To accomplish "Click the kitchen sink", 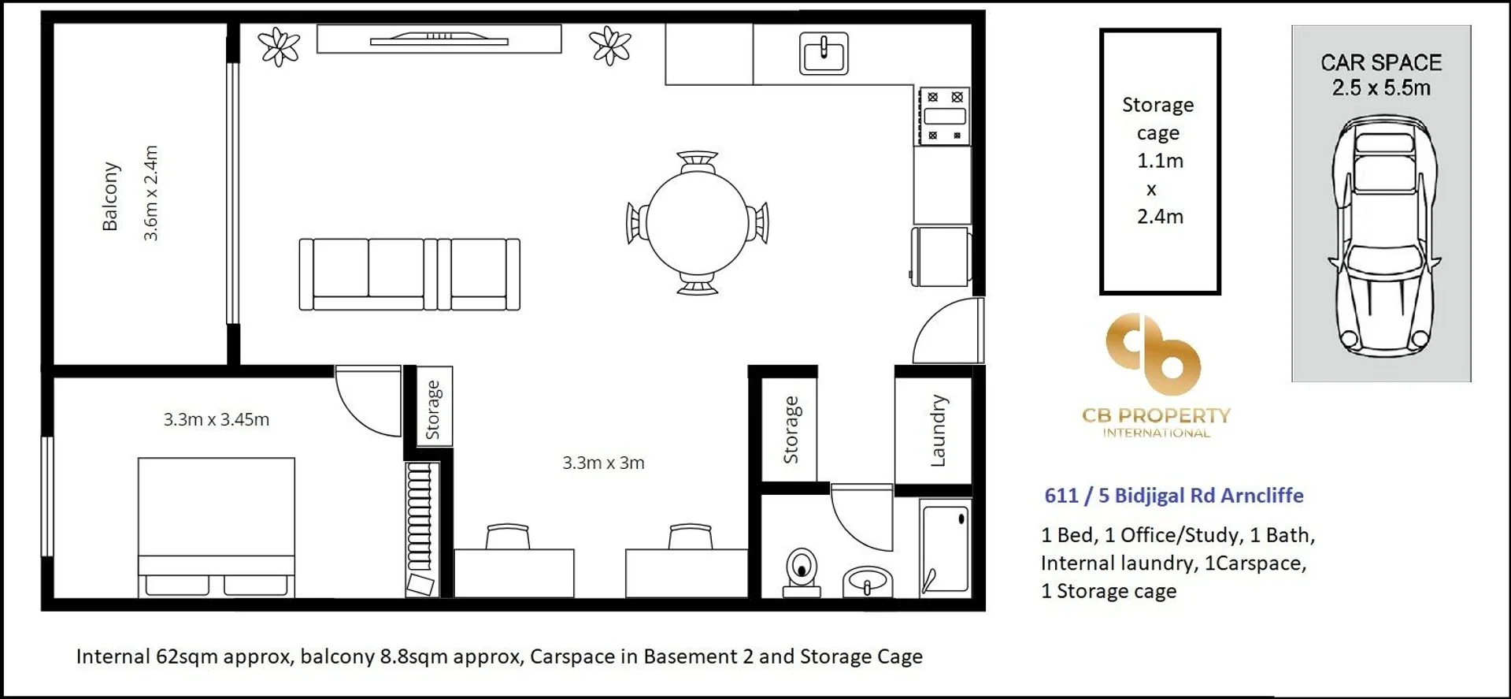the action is coord(824,54).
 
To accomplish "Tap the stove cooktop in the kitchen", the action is coord(944,117).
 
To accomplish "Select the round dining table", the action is coord(697,223).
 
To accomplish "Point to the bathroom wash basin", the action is coord(867,582).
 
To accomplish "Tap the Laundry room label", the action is coord(938,430).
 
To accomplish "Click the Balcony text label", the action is coord(110,196).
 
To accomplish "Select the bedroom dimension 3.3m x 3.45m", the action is coord(217,419).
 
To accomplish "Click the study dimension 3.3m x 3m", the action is coord(603,463).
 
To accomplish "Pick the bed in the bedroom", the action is coord(217,527).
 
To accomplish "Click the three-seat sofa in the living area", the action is coord(409,274).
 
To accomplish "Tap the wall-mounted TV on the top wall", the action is coord(439,38).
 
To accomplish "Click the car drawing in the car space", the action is coord(1384,236).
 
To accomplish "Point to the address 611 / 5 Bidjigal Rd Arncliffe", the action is coord(1174,496).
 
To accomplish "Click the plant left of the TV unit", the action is coord(280,46).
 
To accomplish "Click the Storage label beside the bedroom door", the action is coord(433,410).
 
